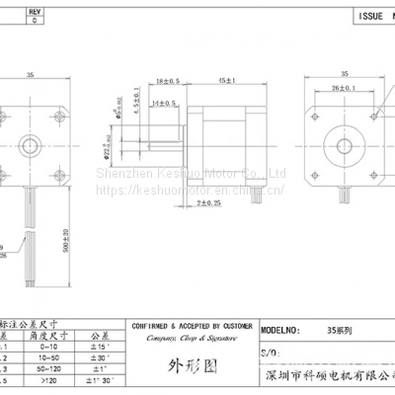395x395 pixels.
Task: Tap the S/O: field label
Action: click(x=268, y=352)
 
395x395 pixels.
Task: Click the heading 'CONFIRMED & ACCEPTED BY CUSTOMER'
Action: click(x=192, y=323)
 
